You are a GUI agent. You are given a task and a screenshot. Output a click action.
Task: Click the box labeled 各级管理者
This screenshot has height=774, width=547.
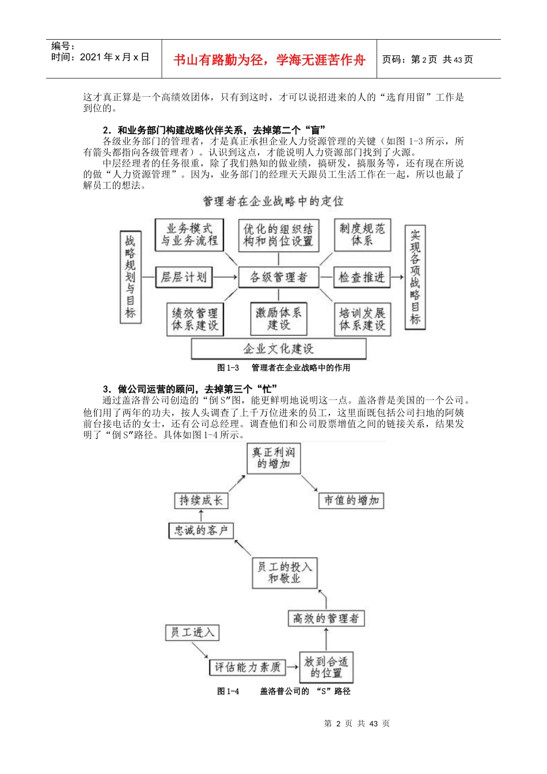pos(278,278)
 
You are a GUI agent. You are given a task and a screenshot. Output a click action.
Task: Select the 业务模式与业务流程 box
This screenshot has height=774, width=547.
pos(189,234)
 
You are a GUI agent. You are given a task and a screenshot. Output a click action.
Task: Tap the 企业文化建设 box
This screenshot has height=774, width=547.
pos(278,349)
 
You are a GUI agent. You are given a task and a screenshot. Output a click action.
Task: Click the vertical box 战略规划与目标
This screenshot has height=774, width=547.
pos(131,277)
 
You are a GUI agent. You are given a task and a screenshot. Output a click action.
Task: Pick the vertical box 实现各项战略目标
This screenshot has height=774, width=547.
pos(415,277)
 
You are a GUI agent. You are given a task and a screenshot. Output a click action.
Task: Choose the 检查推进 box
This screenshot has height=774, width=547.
pos(361,278)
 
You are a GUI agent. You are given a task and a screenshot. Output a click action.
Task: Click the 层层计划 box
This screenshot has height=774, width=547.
pos(184,278)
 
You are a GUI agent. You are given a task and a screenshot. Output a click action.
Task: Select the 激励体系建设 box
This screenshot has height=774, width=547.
pos(278,319)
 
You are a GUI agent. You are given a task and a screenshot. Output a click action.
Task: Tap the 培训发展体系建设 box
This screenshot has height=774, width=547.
pos(362,319)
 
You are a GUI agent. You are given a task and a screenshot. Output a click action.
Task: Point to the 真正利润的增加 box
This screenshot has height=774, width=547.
pos(273,458)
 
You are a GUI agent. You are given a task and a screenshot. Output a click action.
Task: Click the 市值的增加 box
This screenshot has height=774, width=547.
pos(351,500)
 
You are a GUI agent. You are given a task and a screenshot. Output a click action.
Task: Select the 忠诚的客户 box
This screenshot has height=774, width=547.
pos(201,530)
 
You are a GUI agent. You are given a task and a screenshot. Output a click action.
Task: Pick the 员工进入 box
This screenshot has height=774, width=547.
pos(192,632)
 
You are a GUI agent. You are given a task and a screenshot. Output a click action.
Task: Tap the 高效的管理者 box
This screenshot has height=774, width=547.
pos(326,619)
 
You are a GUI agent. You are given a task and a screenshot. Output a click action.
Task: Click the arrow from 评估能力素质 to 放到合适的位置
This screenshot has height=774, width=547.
pos(291,667)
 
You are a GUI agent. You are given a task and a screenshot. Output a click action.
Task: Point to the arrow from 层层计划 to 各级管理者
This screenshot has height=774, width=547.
pos(225,278)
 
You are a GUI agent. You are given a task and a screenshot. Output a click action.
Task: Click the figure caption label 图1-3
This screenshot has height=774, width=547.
pos(228,367)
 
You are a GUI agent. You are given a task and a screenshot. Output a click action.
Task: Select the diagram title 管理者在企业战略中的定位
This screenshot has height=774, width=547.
pos(273,201)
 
